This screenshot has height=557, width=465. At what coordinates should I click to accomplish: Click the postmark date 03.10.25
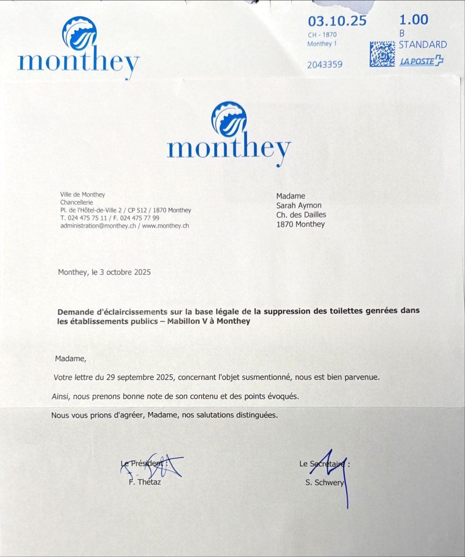point(337,21)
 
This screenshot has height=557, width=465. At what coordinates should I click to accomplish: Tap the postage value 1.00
point(413,20)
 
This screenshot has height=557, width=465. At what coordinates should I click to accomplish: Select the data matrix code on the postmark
point(382,54)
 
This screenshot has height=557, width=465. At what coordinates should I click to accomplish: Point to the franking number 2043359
point(325,64)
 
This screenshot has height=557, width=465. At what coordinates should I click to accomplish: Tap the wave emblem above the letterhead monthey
point(229,119)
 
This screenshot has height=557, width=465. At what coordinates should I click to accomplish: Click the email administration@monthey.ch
point(98,226)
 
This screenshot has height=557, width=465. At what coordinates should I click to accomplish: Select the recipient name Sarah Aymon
point(299,205)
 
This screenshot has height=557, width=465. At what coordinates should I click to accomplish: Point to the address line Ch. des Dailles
point(301,215)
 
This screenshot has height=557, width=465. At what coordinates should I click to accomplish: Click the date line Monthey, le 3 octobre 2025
point(104,272)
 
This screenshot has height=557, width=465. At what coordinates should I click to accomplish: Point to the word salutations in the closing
point(212,415)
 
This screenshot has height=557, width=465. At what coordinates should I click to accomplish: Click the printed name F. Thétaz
point(145,482)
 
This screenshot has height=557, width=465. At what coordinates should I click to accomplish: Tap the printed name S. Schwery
point(324,482)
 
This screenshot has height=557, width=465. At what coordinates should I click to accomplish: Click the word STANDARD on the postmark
point(423,44)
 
